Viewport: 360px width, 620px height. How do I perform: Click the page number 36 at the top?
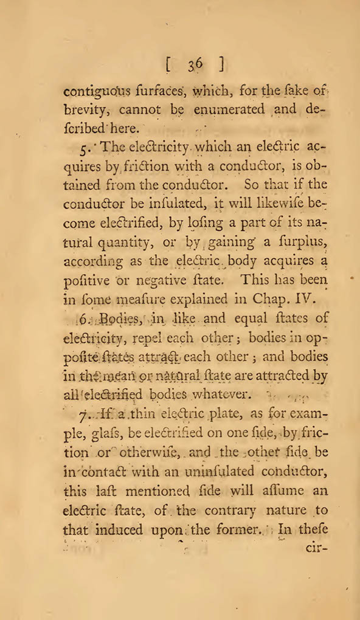click(195, 63)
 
